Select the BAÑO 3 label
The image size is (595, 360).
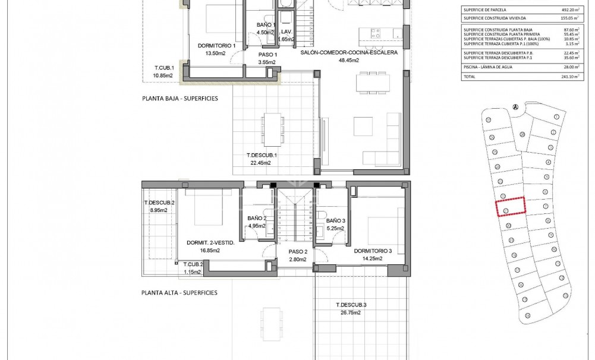[x=335, y=220]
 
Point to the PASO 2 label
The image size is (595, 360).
[x=292, y=251]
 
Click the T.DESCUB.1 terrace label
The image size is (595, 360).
[x=262, y=155]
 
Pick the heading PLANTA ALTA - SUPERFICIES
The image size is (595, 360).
[x=179, y=293]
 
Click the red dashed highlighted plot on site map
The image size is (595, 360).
[x=511, y=207]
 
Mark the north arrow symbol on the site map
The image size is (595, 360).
[x=515, y=107]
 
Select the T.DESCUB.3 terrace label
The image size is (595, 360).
[x=351, y=305]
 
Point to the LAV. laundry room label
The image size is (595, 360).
[x=286, y=31]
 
